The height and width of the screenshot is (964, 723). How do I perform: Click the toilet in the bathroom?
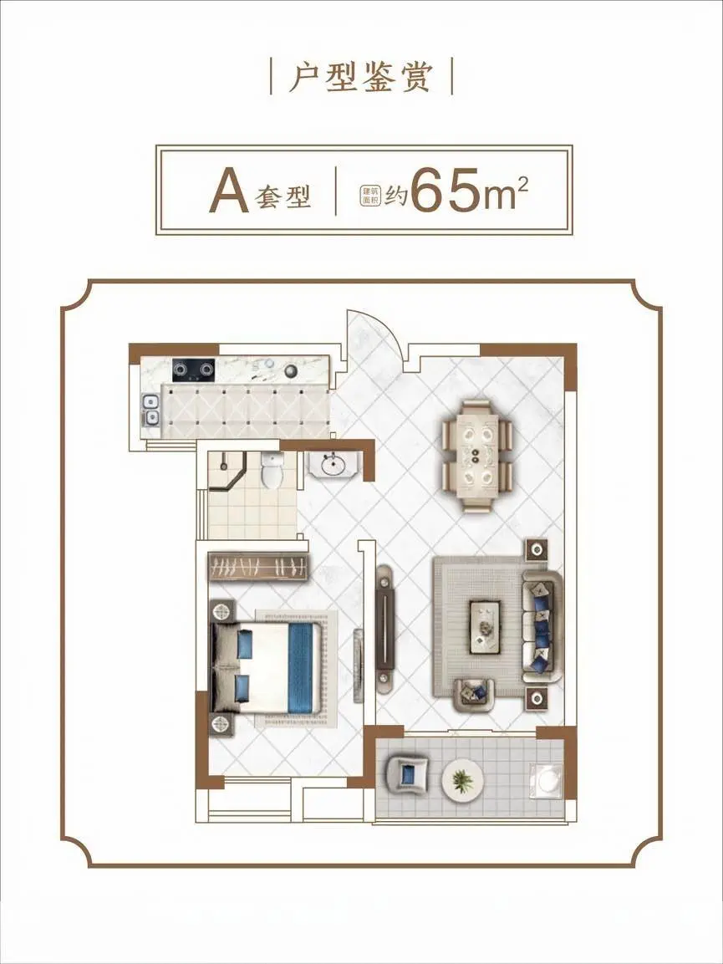click(x=271, y=471)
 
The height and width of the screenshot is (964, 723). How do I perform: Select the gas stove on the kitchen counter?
click(x=194, y=369)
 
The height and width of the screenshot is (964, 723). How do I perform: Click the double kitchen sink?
click(x=150, y=411)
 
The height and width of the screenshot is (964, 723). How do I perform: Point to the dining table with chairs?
click(x=477, y=456)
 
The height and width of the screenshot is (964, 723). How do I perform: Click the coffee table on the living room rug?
click(x=485, y=628)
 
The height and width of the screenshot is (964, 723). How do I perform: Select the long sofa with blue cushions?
click(x=542, y=626)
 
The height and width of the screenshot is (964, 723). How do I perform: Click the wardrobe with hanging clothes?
click(x=257, y=566)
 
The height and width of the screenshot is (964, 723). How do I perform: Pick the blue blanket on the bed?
click(x=301, y=668)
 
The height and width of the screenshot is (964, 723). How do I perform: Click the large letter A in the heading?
click(x=229, y=191)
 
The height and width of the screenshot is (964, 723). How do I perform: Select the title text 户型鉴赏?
click(x=361, y=77)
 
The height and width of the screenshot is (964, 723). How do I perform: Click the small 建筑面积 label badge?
click(x=371, y=195)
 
